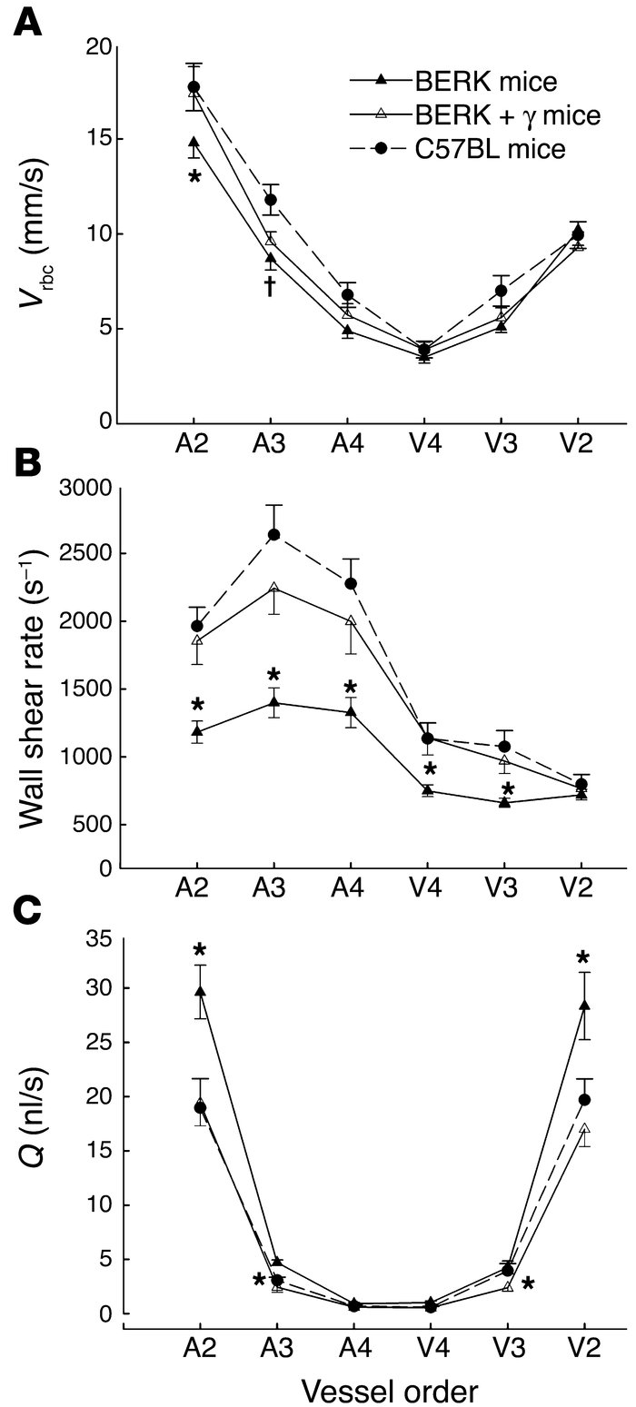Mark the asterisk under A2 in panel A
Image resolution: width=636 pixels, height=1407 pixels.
pyautogui.click(x=194, y=178)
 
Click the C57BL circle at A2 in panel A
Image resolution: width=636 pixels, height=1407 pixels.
pyautogui.click(x=194, y=87)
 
